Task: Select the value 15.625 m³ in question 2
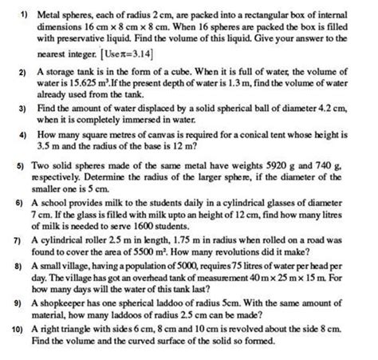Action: pyautogui.click(x=79, y=81)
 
